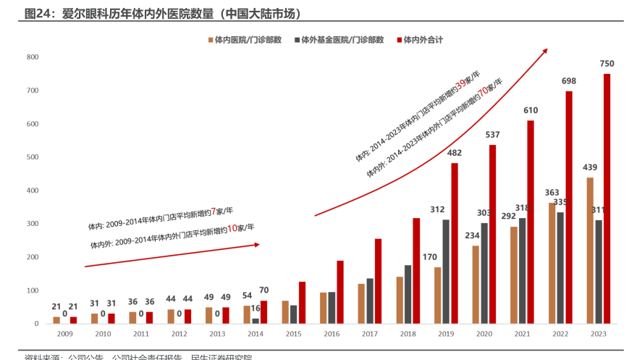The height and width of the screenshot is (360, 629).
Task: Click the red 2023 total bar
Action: tap(607, 198)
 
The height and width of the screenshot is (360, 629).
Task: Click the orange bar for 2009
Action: tap(56, 319)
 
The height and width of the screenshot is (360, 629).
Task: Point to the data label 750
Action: tap(607, 64)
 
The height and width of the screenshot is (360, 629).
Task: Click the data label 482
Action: tap(455, 153)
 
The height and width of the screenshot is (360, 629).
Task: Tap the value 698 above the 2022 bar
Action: tap(569, 81)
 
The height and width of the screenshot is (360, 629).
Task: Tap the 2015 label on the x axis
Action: tap(294, 334)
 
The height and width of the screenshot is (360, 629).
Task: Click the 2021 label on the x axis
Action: tap(523, 334)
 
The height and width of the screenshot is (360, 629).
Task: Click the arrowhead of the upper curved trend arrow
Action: tap(545, 51)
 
